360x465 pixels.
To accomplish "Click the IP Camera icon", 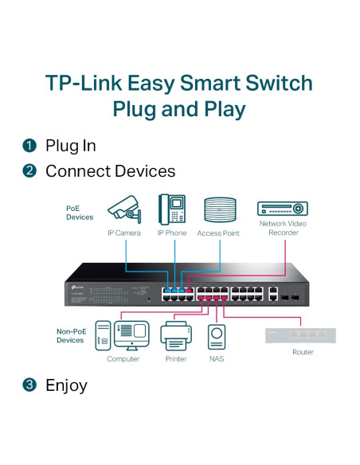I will pos(125,209).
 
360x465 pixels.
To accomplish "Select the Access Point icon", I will pos(220,210).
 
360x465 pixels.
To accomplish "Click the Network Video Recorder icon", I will pos(282,209).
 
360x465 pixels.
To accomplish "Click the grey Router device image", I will pos(301,334).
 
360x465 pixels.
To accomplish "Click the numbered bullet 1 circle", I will pos(30,146).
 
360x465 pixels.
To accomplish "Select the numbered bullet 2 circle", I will pos(30,171).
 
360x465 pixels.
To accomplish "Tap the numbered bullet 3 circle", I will pos(30,385).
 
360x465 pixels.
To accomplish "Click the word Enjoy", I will pos(66,385).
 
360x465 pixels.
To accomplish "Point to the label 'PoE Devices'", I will pos(80,212).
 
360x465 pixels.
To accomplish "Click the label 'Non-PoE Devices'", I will pos(70,335).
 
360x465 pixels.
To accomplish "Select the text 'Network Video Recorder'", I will pos(282,229).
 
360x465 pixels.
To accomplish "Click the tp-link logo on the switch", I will pos(77,286).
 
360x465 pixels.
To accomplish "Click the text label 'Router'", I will pos(302,352).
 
